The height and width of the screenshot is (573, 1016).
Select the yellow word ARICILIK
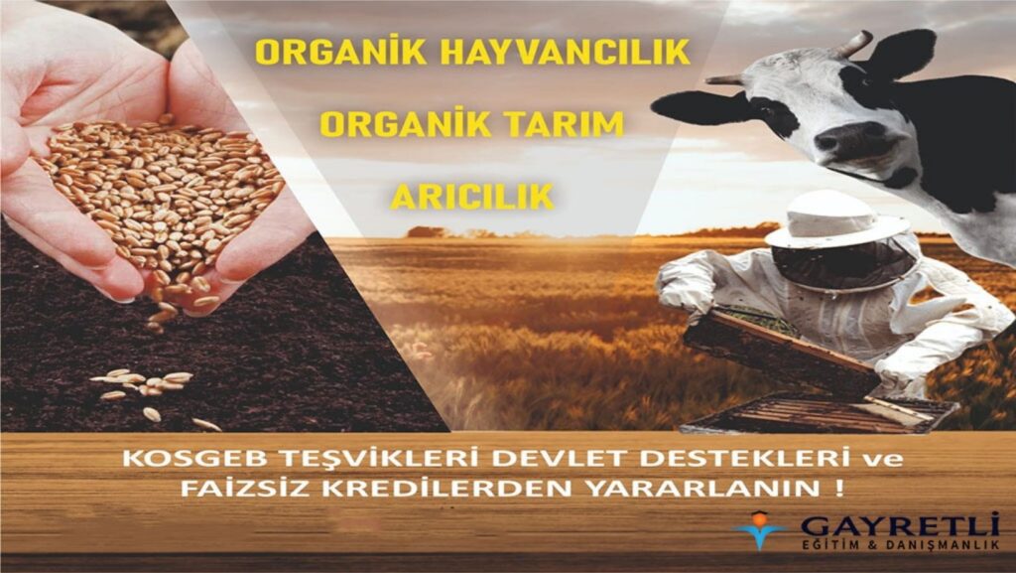pos(472,196)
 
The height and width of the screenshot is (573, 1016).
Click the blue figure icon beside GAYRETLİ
pos(762,529)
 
